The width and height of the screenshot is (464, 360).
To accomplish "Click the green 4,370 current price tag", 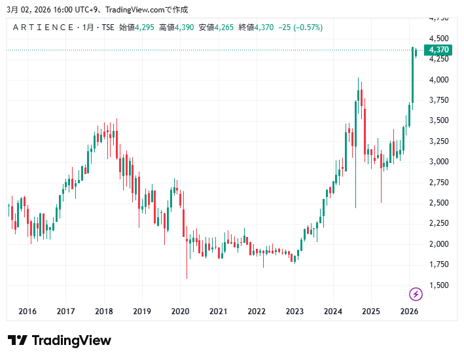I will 438,50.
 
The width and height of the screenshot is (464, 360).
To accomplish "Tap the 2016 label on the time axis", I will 27,312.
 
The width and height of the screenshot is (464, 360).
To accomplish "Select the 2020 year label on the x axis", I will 180,312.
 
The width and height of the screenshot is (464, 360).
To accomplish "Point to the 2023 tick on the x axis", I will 294,312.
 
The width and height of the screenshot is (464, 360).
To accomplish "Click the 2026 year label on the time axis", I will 409,312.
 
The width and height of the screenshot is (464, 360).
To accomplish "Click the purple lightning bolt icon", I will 416,294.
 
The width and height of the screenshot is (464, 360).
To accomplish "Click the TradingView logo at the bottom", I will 60,340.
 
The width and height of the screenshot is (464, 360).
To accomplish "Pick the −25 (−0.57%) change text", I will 300,27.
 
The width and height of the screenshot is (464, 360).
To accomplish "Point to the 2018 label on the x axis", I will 103,312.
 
